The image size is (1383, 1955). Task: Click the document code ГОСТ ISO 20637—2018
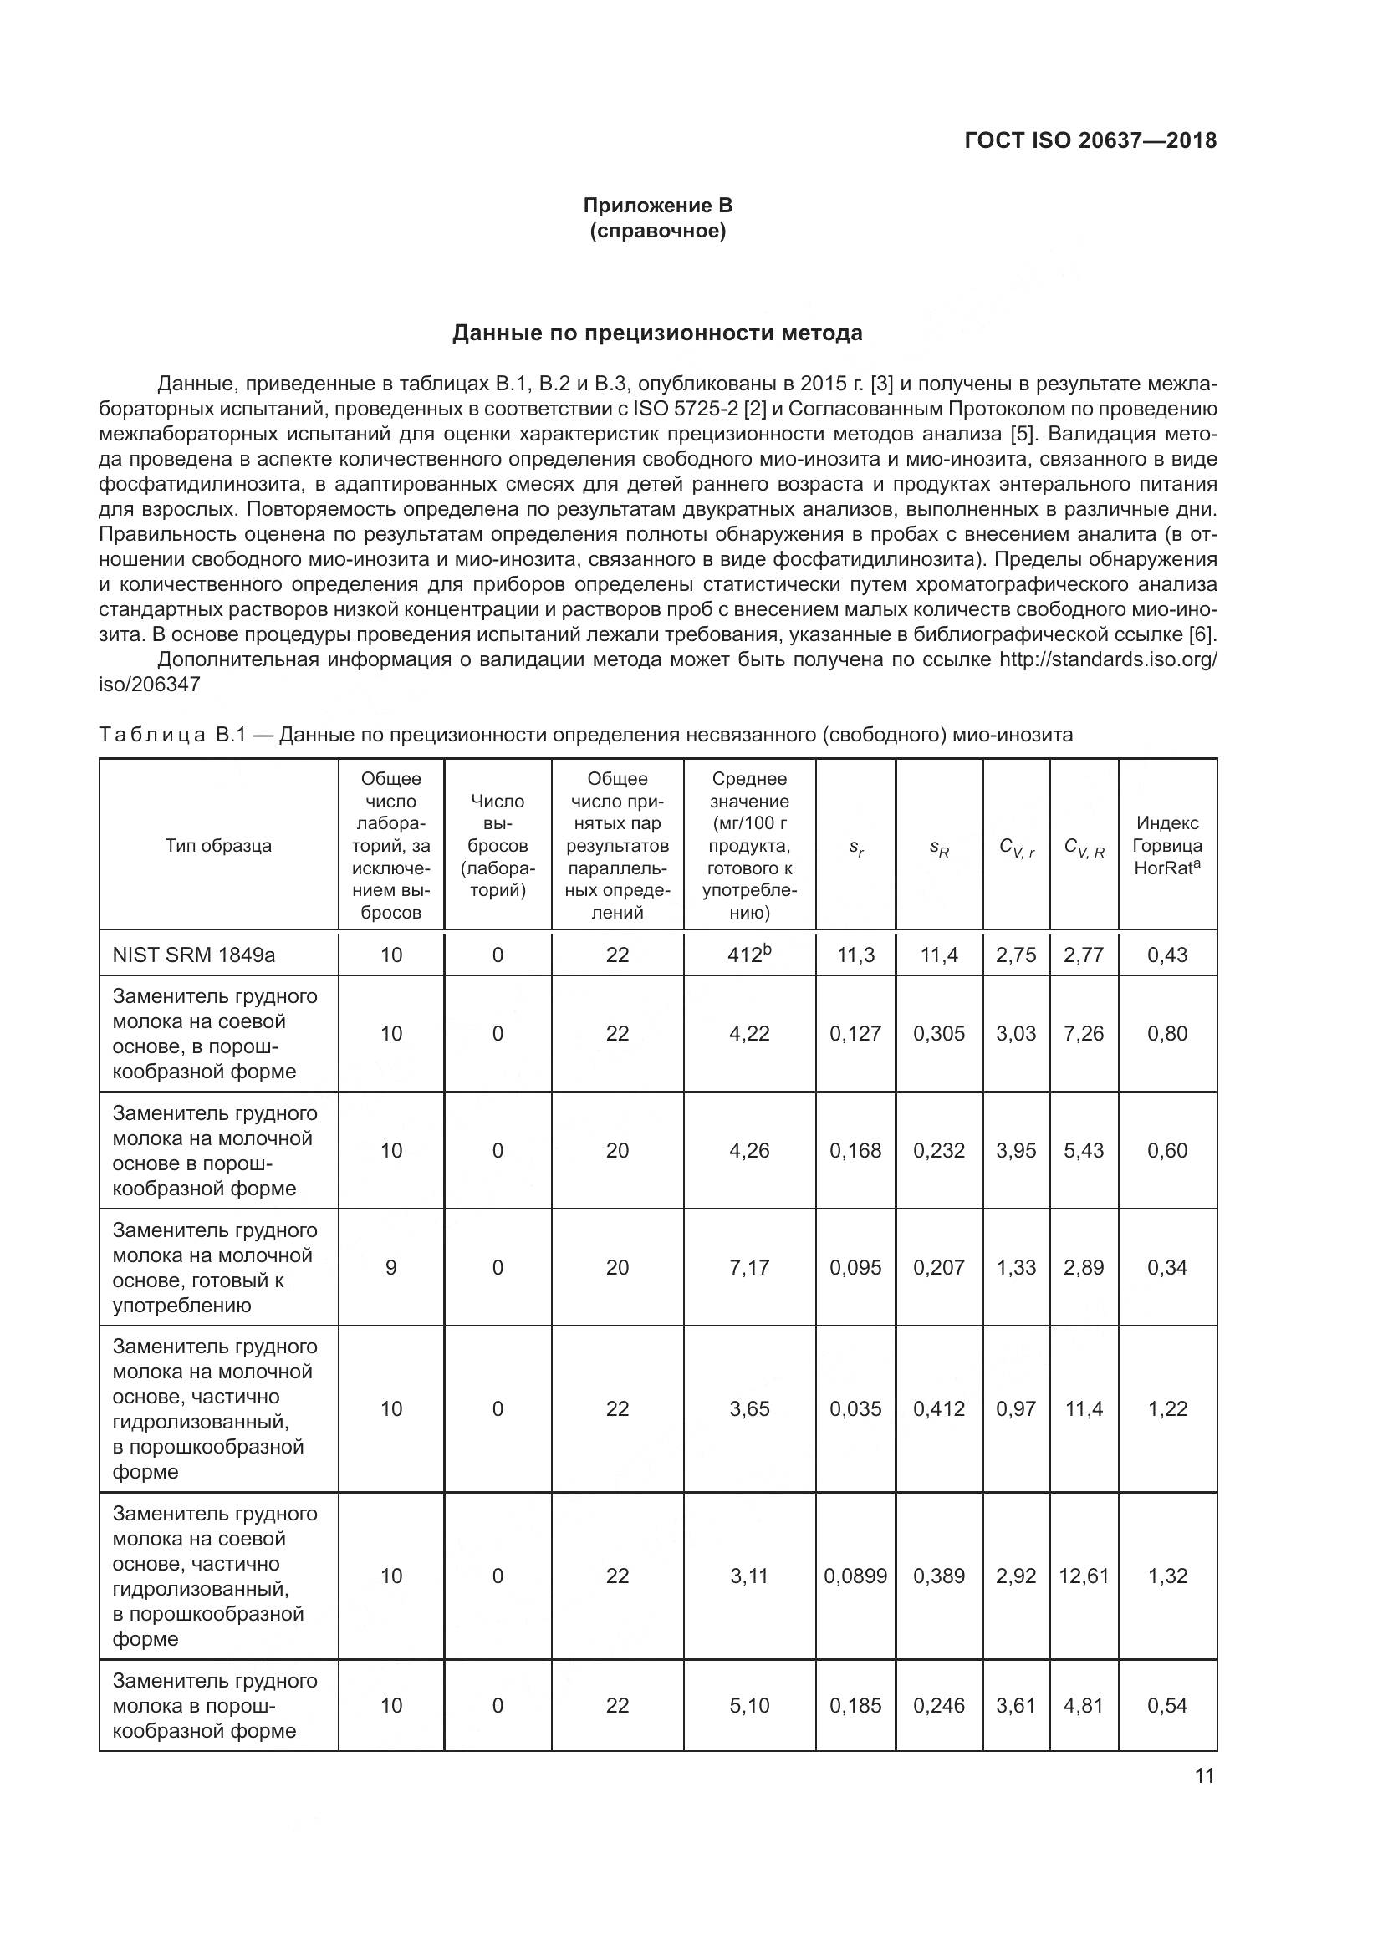coord(1090,140)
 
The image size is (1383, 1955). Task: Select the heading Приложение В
coord(657,206)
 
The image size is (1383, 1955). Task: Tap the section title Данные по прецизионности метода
coord(656,333)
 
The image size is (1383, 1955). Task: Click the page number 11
coord(1204,1775)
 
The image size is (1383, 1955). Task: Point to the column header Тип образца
coord(218,846)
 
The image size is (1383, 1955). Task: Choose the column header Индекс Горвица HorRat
coord(1166,846)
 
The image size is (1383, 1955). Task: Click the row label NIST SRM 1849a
coord(193,955)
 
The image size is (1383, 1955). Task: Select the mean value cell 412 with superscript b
coord(748,954)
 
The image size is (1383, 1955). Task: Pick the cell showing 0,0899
coord(855,1576)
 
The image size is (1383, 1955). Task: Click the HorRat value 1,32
coord(1166,1576)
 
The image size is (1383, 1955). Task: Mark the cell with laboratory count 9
coord(390,1267)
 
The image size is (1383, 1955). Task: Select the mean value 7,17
coord(748,1267)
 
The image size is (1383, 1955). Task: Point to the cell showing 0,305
coord(938,1033)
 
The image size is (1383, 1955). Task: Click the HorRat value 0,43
coord(1166,955)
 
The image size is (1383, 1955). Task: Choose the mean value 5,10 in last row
coord(748,1706)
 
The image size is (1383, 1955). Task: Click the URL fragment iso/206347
coord(149,685)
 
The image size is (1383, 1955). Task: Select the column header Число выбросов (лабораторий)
coord(498,846)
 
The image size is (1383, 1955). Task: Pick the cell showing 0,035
coord(855,1408)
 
